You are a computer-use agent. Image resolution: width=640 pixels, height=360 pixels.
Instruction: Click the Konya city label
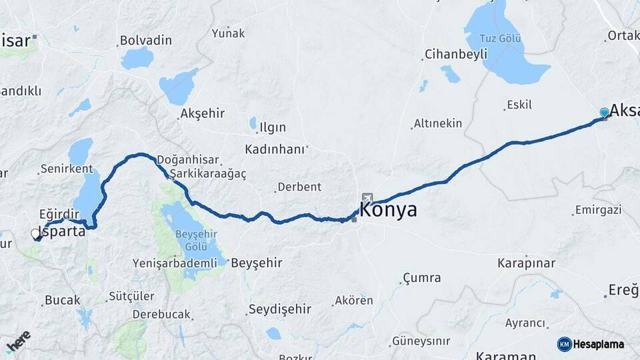[389, 210]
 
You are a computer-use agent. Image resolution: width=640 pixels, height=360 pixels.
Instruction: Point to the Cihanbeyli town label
[457, 55]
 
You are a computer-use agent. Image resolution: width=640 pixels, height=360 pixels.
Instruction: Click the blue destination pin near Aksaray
[604, 113]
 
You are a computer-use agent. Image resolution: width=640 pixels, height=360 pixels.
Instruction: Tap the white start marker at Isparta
[35, 234]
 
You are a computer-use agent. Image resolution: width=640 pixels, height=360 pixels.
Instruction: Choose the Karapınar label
[526, 263]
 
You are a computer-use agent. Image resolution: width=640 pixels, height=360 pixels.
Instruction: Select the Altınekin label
[437, 123]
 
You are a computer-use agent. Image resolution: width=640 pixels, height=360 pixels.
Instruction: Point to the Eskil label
[519, 105]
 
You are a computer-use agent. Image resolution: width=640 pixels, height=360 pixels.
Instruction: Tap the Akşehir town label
[202, 113]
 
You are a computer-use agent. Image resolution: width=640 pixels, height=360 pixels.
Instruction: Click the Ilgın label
[273, 127]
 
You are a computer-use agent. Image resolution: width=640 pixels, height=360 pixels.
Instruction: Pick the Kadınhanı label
[274, 149]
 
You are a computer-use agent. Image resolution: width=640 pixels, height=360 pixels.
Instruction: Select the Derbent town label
[299, 187]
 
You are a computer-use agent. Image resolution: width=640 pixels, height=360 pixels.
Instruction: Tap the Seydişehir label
[279, 309]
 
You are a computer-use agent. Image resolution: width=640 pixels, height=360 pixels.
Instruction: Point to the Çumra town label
[421, 277]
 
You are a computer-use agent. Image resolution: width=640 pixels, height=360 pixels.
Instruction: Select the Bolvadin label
[145, 41]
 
